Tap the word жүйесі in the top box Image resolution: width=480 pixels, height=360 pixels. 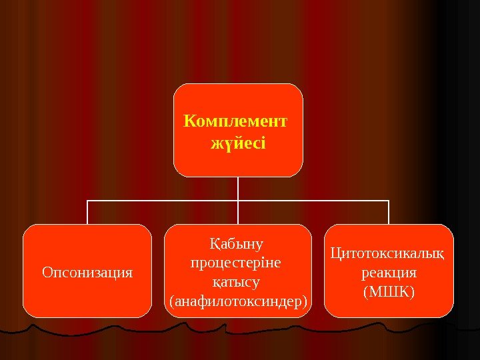click(238, 142)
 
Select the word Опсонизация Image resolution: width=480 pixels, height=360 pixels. click(87, 272)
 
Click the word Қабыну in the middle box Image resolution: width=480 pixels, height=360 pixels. click(237, 243)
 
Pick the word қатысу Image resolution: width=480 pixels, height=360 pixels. click(237, 282)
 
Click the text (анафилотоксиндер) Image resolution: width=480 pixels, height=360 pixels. click(239, 302)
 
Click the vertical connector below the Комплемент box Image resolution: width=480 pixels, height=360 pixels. click(238, 188)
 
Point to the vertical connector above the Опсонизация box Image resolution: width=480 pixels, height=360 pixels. click(87, 212)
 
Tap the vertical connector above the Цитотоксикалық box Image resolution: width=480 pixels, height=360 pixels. click(389, 212)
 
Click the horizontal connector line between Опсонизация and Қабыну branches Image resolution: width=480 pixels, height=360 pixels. click(163, 200)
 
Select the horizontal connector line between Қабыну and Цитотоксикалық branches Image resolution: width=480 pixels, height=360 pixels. click(313, 200)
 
